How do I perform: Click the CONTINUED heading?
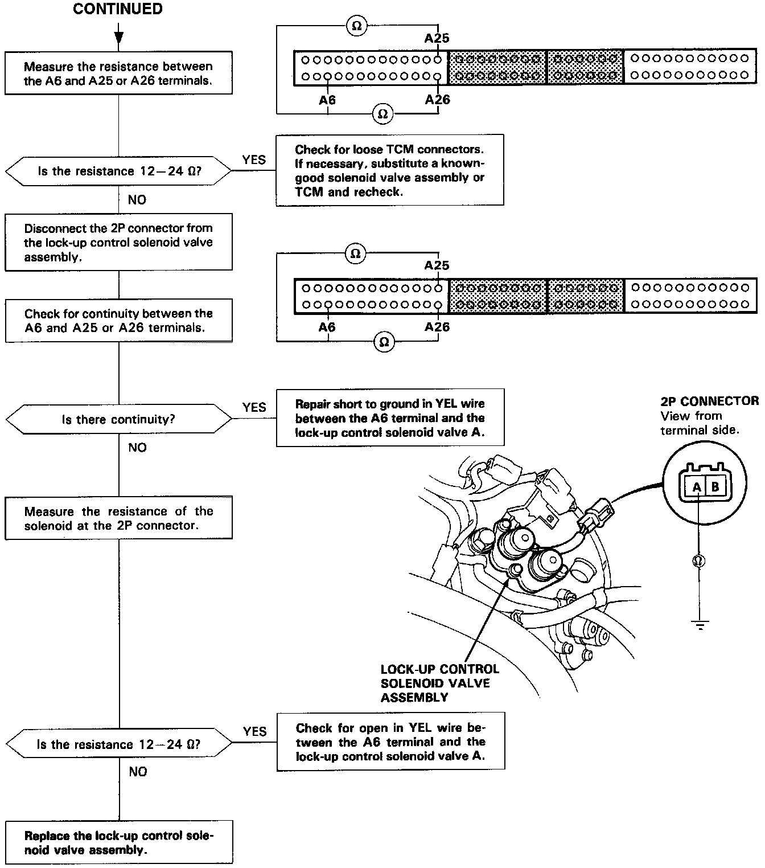tap(118, 9)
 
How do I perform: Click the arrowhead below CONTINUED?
tap(118, 38)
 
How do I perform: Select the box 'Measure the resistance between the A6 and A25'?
tap(118, 73)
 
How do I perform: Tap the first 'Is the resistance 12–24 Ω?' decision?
tap(118, 171)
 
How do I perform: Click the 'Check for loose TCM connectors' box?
tap(390, 170)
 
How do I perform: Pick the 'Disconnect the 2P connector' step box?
tap(118, 242)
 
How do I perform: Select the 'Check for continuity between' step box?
tap(118, 321)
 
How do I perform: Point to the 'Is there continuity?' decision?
tap(118, 420)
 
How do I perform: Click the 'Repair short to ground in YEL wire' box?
tap(390, 418)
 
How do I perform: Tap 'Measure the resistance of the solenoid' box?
tap(118, 518)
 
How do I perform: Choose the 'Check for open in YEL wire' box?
tap(390, 742)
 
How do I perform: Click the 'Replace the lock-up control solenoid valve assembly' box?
tap(119, 843)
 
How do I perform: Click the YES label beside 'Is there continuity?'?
tap(254, 407)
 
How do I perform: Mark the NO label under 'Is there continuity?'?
tap(137, 448)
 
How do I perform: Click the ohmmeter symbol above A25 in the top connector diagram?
tap(357, 26)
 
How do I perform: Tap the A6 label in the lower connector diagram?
tap(327, 327)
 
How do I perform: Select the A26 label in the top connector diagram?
tap(437, 100)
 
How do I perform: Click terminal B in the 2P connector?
tap(715, 487)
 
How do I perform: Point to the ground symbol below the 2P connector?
tap(700, 625)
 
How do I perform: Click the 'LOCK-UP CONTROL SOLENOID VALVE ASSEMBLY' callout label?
tap(439, 683)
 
